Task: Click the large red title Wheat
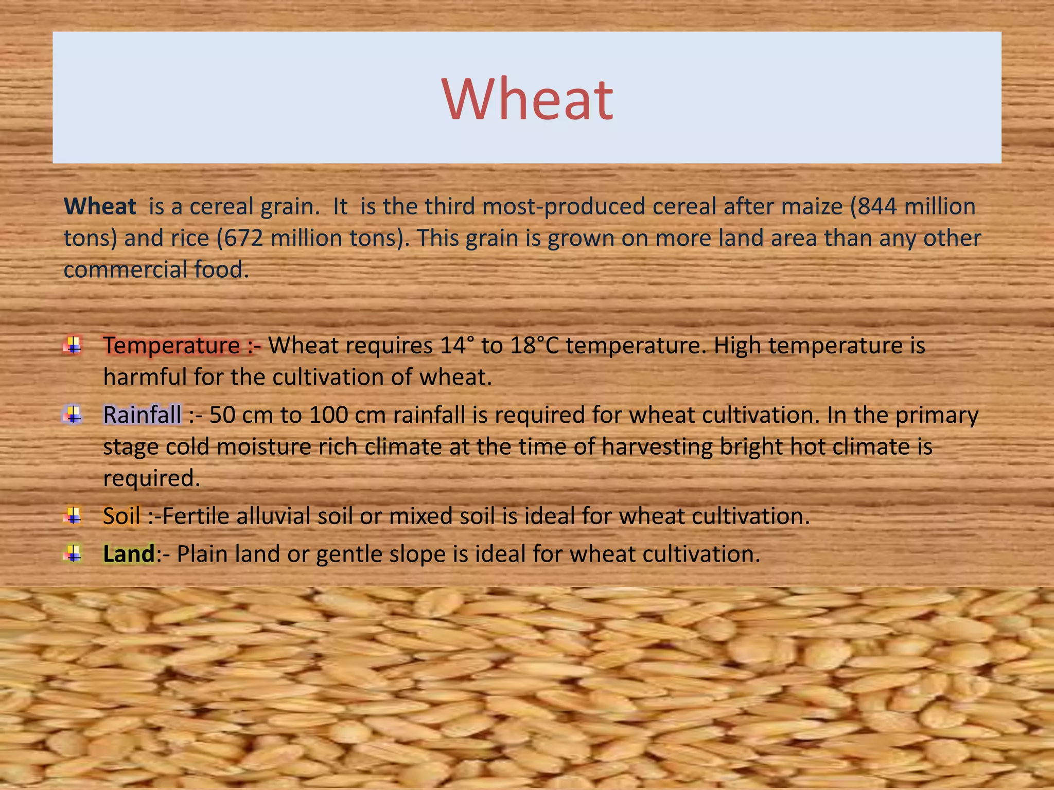pyautogui.click(x=527, y=99)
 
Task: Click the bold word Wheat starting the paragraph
pyautogui.click(x=100, y=207)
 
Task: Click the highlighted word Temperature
pyautogui.click(x=171, y=346)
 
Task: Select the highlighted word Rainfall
pyautogui.click(x=142, y=415)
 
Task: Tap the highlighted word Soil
pyautogui.click(x=121, y=516)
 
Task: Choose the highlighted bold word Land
pyautogui.click(x=129, y=554)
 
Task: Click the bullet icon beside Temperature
pyautogui.click(x=73, y=345)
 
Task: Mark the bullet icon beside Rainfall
pyautogui.click(x=73, y=414)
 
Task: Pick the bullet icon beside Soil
pyautogui.click(x=73, y=515)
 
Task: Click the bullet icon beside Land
pyautogui.click(x=73, y=554)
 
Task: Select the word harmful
pyautogui.click(x=145, y=377)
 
